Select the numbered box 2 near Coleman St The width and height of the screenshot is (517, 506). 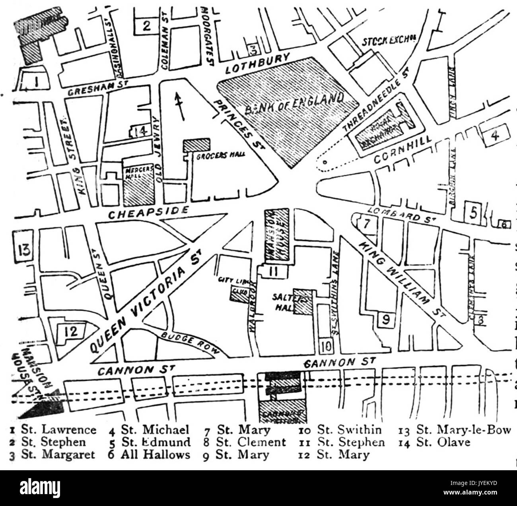click(x=146, y=26)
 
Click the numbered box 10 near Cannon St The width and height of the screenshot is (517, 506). click(x=325, y=345)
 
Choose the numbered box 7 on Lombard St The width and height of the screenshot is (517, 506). click(x=366, y=225)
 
